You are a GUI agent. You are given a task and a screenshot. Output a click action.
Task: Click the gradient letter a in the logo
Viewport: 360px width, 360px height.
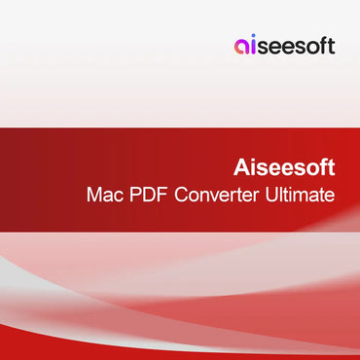coord(241,47)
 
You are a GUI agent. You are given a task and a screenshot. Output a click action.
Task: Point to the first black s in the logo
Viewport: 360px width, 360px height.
coord(265,48)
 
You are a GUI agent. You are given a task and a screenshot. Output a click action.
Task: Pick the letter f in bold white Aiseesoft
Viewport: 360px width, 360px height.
coord(322,167)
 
